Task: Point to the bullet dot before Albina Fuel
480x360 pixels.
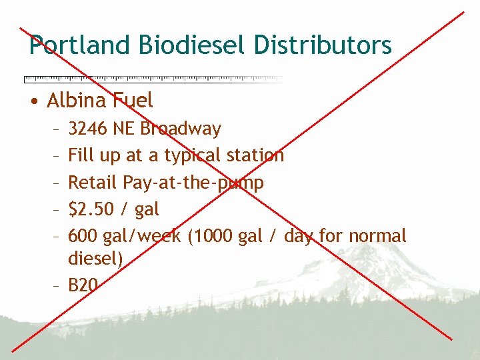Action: point(33,102)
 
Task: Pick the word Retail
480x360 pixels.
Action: point(93,182)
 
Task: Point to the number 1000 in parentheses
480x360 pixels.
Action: point(211,236)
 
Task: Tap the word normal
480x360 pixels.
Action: point(377,236)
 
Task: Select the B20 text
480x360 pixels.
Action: point(83,286)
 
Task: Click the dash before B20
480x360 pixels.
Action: point(57,286)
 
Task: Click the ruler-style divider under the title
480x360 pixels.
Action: point(153,79)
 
